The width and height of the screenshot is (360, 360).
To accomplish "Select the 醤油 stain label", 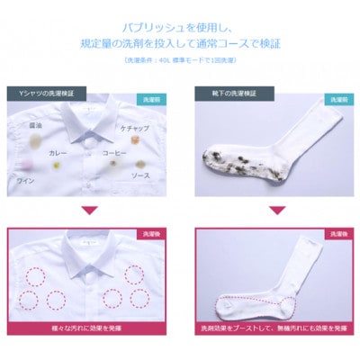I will (36, 125).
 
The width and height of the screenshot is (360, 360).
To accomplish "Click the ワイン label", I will (26, 181).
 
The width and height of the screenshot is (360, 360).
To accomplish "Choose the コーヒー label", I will (137, 153).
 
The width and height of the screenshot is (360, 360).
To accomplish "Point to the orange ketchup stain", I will (112, 141).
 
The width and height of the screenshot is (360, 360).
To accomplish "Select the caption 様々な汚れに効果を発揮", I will (90, 342).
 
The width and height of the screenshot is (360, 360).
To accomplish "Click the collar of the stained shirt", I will (90, 114).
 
